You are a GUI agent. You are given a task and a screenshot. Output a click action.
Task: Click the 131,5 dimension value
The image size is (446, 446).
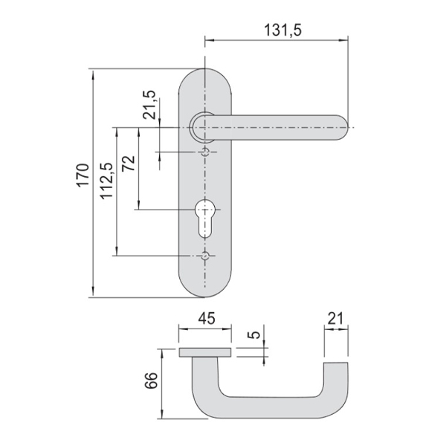[282, 30]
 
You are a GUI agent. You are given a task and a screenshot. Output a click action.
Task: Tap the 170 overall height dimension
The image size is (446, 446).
[83, 175]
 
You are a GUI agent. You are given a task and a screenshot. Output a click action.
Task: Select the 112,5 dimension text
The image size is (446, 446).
[107, 181]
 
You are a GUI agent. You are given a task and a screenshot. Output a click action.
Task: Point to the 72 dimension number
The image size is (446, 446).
[129, 163]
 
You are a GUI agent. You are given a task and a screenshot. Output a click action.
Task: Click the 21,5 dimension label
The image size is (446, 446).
[149, 105]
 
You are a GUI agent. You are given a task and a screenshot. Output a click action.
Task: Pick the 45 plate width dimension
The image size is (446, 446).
[207, 318]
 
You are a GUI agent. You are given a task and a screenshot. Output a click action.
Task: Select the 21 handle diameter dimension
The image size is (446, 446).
[336, 319]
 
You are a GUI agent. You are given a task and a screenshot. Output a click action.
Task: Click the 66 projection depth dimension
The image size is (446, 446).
[152, 381]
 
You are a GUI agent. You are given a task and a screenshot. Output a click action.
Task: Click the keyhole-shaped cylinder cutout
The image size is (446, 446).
[204, 219]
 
